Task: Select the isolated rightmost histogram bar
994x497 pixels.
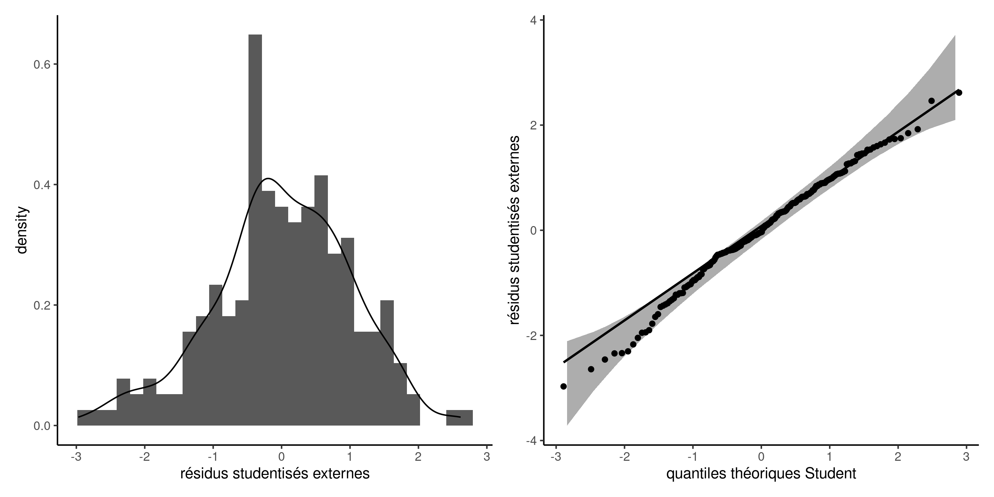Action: pos(459,418)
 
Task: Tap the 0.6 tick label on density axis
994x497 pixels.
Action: pos(42,65)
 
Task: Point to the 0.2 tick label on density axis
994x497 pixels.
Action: pos(42,305)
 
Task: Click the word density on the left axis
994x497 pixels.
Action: pos(22,230)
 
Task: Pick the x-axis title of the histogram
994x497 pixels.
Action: pos(275,474)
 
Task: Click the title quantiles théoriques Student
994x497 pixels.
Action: pos(761,474)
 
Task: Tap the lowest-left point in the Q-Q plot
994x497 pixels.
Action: pos(563,386)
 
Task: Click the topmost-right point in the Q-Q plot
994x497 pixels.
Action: pos(959,92)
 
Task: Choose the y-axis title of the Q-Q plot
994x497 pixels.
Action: pos(515,230)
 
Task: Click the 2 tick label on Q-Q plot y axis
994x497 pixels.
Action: pos(534,125)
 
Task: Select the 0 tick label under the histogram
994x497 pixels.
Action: pos(281,457)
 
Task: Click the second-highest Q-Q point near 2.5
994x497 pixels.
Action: pos(931,101)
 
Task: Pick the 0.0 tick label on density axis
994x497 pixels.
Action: pos(42,426)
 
